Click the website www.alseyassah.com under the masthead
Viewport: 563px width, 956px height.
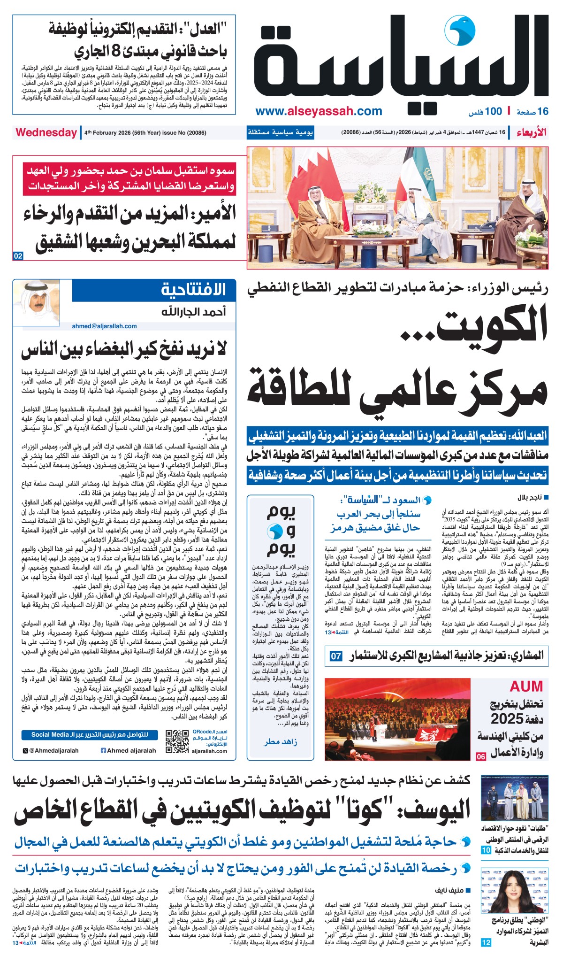click(x=319, y=111)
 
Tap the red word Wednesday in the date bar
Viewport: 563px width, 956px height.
click(x=46, y=132)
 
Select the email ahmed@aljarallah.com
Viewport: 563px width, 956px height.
click(x=104, y=326)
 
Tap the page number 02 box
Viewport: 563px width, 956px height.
click(x=18, y=256)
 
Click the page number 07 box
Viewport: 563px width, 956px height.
click(x=336, y=655)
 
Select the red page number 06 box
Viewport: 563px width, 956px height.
click(x=481, y=756)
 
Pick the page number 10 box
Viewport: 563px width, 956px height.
click(x=486, y=850)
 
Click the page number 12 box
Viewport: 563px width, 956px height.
click(x=486, y=942)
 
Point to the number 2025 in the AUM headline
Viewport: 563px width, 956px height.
click(x=507, y=718)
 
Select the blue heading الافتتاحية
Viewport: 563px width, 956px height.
click(x=193, y=290)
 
